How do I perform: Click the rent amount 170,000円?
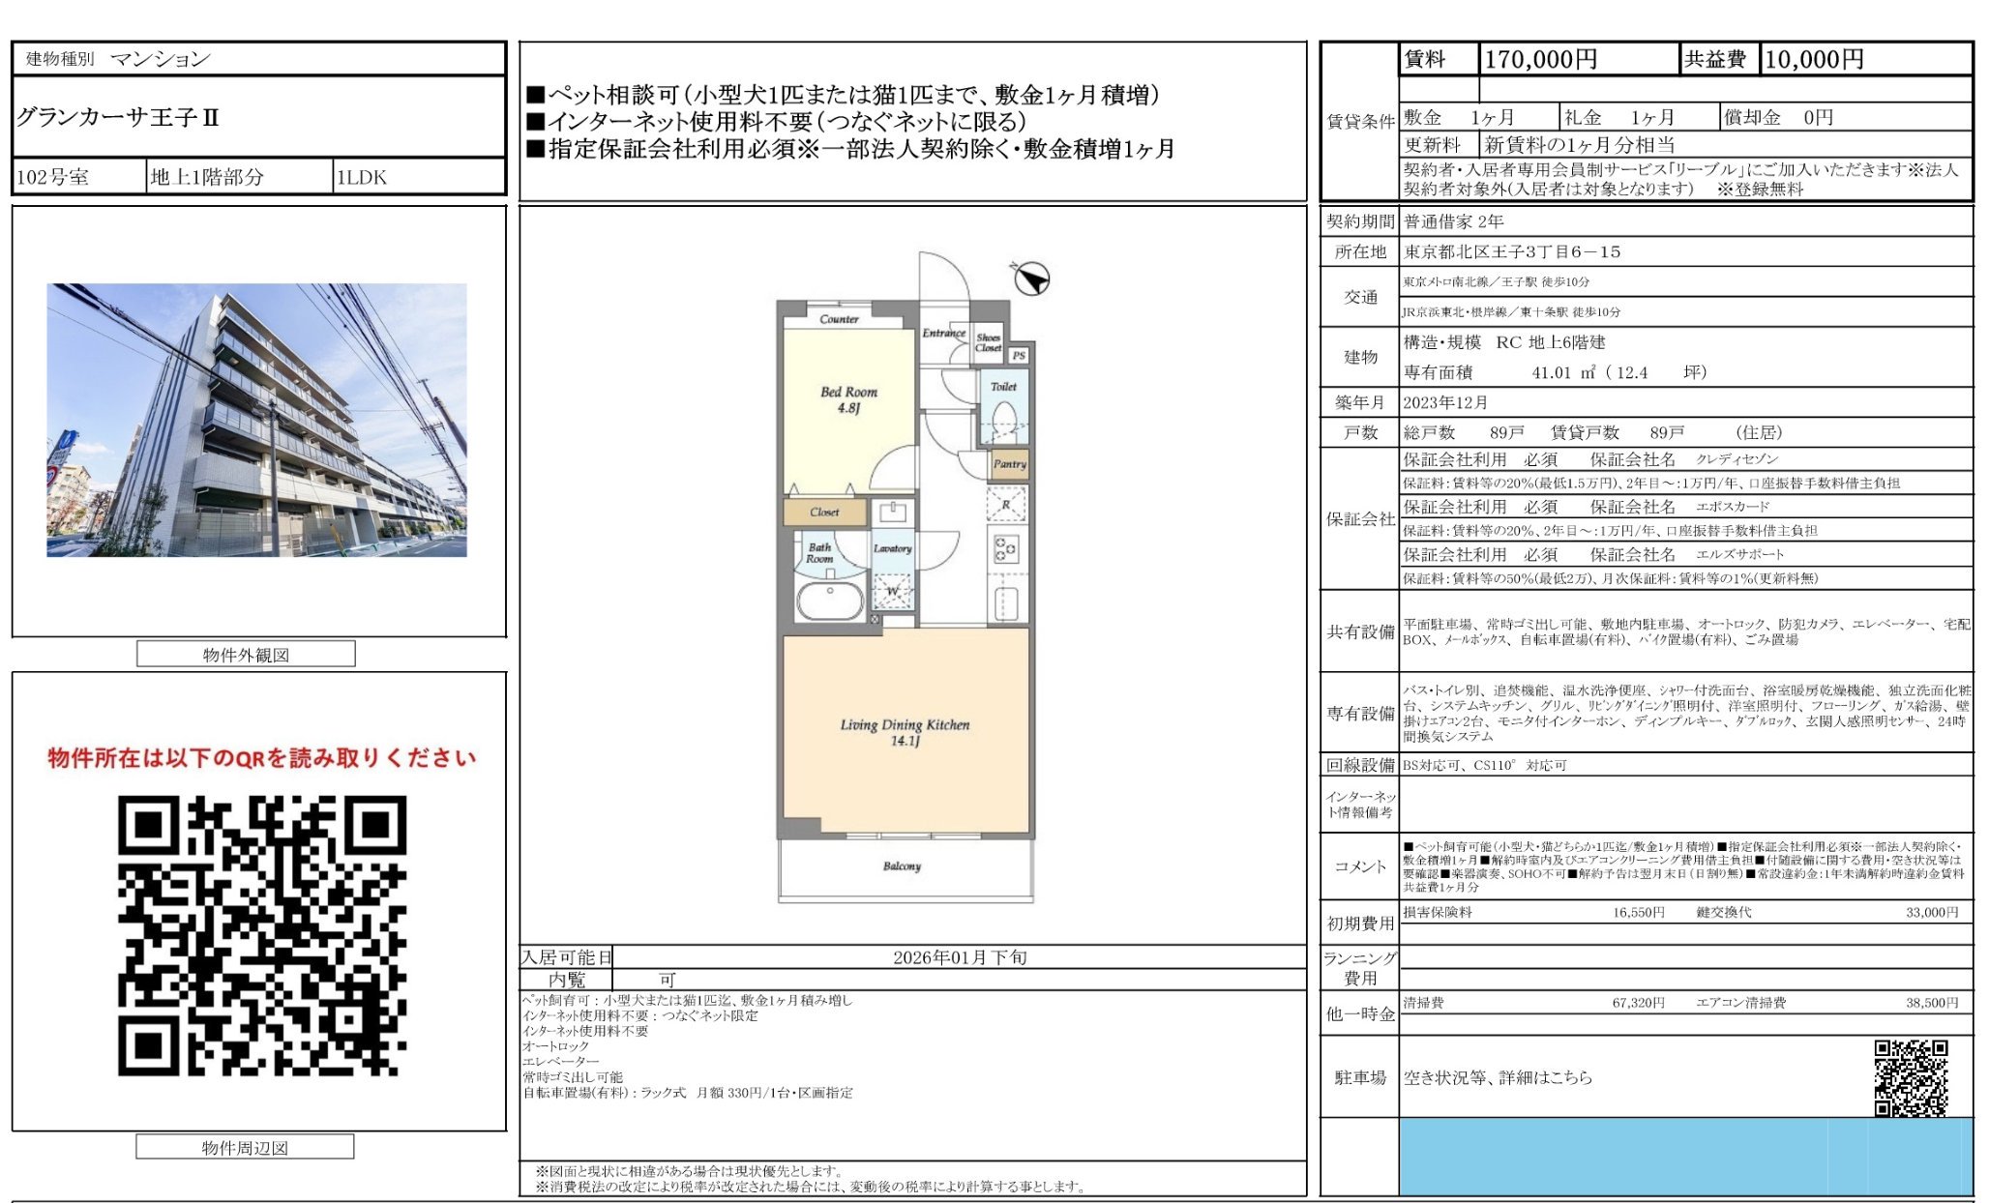tap(1540, 60)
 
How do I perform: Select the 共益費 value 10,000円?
tap(1813, 60)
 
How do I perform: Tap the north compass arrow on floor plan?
tap(1031, 279)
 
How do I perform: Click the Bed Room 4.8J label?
tap(848, 399)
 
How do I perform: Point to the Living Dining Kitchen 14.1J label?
tap(905, 732)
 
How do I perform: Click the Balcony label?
tap(902, 866)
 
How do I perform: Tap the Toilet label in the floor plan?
tap(1003, 387)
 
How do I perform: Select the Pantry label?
tap(1009, 464)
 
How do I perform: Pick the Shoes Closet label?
tap(988, 342)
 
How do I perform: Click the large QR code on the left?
tap(262, 935)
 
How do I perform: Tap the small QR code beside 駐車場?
tap(1910, 1077)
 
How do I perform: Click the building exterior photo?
tap(256, 420)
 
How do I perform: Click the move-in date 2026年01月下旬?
tap(959, 957)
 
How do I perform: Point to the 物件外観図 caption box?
tap(246, 655)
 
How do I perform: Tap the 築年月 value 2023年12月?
tap(1445, 403)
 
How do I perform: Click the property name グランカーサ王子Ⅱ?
tap(118, 118)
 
